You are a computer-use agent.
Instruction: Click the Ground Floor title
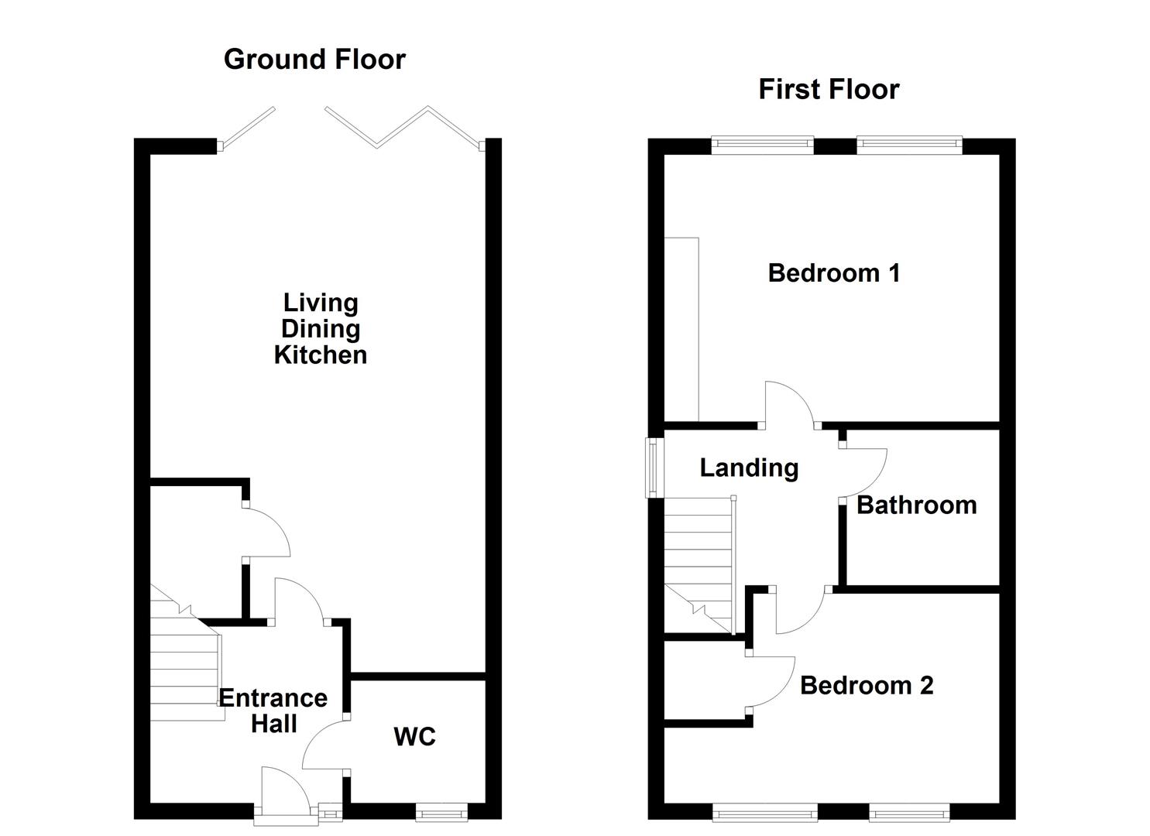coord(314,60)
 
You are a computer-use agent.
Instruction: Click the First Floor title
coord(828,90)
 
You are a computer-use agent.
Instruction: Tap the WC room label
coord(414,737)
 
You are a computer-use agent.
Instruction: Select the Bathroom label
coord(916,505)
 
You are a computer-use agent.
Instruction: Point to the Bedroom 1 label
coord(833,273)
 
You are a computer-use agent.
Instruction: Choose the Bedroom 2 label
coord(866,686)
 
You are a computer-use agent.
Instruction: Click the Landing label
coord(749,468)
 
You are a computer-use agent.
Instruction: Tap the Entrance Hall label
coord(273,711)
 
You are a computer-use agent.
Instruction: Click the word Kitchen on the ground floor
coord(320,355)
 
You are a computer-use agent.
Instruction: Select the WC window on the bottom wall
coord(441,812)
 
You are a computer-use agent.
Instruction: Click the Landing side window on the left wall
coord(655,468)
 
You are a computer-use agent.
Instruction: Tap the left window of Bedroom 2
coord(764,812)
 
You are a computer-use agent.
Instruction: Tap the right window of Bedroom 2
coord(909,812)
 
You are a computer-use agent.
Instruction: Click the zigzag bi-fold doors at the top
coord(403,128)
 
